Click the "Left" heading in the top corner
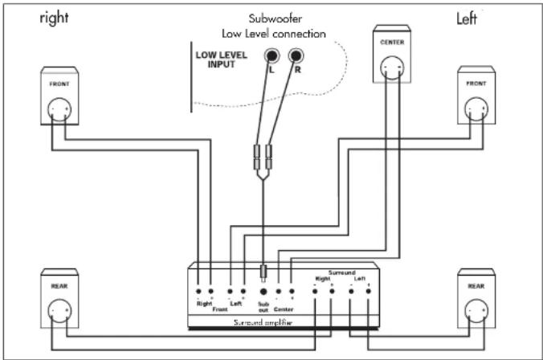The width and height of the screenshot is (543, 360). click(x=467, y=17)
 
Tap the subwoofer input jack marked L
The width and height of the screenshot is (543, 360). click(x=274, y=56)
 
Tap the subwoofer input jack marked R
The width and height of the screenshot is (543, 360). click(x=298, y=56)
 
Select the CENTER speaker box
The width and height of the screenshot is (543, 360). click(x=391, y=55)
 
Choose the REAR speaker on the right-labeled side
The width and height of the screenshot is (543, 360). click(x=59, y=300)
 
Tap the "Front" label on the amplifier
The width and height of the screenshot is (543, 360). click(x=219, y=311)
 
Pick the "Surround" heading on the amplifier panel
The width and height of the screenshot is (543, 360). click(x=341, y=272)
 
